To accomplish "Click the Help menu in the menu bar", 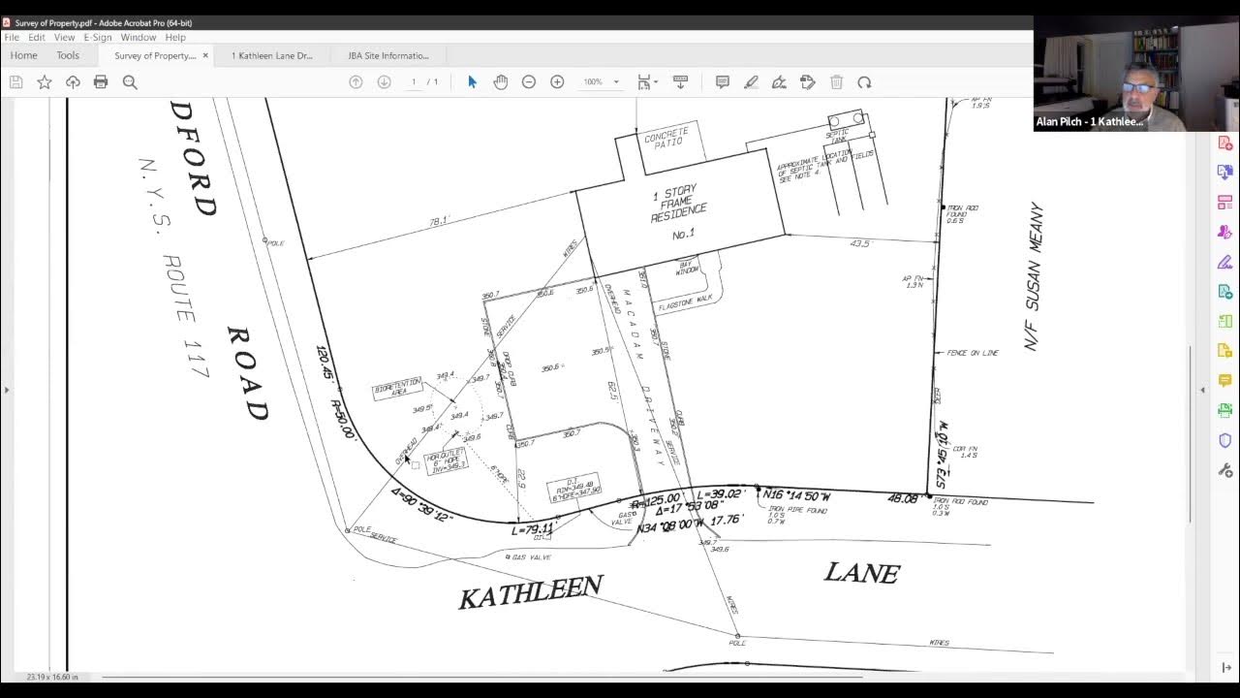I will pos(175,37).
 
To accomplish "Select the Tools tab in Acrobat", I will pos(68,55).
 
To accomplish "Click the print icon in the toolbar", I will pos(101,82).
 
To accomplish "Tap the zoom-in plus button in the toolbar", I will pos(557,82).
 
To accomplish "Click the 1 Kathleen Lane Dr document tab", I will pos(272,55).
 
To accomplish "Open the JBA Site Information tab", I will pos(388,55).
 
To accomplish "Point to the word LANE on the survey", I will pos(861,573).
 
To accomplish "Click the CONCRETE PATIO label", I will pos(666,137).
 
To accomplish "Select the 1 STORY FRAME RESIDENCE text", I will pos(678,205).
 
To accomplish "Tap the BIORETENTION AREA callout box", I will pos(397,389).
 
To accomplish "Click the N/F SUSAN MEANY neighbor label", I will pos(1034,276).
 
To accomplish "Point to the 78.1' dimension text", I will pos(439,222).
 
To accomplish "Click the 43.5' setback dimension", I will pos(859,243).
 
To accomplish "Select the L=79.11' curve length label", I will pos(532,529).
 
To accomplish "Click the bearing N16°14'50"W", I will pos(796,495).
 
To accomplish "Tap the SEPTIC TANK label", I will pos(838,136).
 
